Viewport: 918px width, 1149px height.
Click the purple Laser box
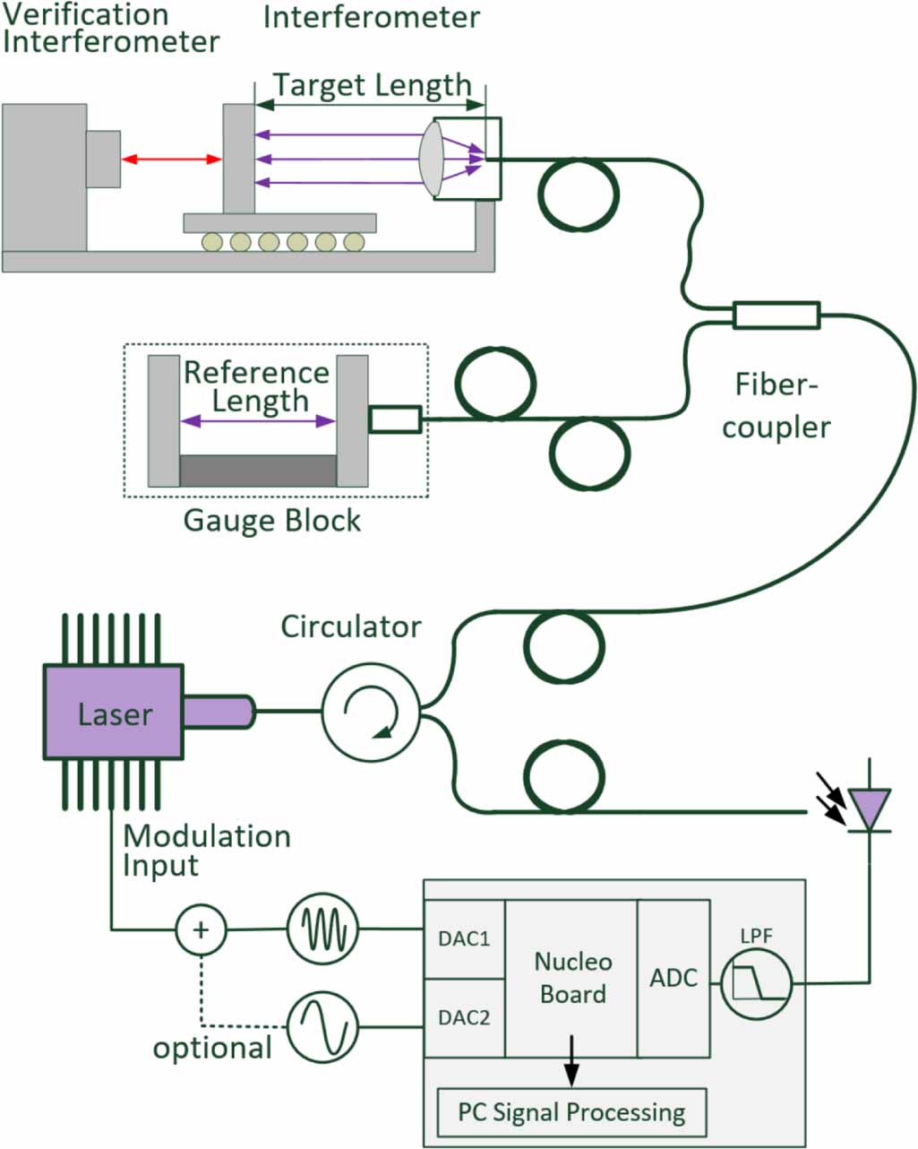pyautogui.click(x=114, y=713)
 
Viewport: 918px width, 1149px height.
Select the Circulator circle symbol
pyautogui.click(x=371, y=712)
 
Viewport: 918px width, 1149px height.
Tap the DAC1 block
pyautogui.click(x=464, y=939)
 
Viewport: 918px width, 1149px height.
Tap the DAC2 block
pyautogui.click(x=464, y=1018)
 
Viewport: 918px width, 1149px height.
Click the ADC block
pyautogui.click(x=673, y=978)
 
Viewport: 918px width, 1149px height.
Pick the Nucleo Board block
pyautogui.click(x=572, y=978)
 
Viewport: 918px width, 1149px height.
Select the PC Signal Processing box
pyautogui.click(x=571, y=1112)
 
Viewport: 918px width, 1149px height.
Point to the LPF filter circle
pyautogui.click(x=756, y=984)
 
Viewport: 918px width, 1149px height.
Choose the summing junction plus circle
pyautogui.click(x=201, y=929)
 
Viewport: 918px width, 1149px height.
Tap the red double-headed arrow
pyautogui.click(x=171, y=160)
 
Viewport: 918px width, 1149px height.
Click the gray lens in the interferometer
pyautogui.click(x=432, y=159)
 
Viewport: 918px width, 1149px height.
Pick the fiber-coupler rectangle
pyautogui.click(x=776, y=315)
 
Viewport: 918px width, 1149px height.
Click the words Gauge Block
pyautogui.click(x=271, y=521)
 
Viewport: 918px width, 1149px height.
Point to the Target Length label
pyautogui.click(x=372, y=85)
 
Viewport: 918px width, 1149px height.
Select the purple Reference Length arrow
pyautogui.click(x=258, y=420)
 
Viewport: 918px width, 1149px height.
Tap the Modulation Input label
pyautogui.click(x=206, y=851)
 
